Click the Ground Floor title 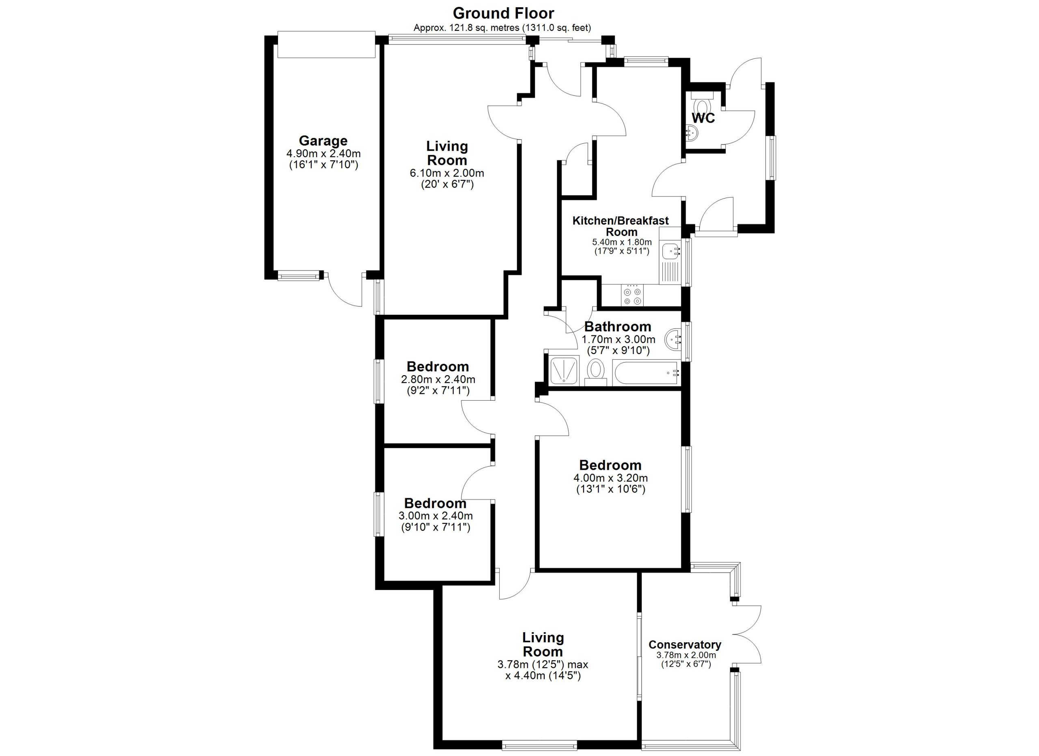point(503,13)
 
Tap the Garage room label point(323,140)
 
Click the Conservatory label point(685,645)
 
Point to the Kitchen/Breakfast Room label point(621,226)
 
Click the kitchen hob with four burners point(632,296)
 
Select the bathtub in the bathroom point(647,374)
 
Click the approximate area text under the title point(502,28)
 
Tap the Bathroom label point(618,327)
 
